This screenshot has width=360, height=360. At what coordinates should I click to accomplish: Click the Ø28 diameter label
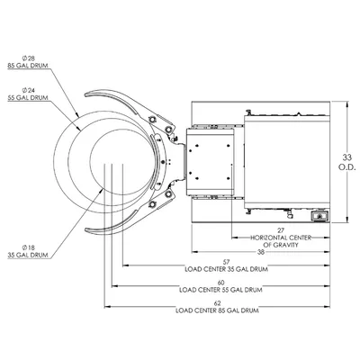point(29,58)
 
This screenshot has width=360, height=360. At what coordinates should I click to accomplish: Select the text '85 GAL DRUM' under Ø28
point(28,66)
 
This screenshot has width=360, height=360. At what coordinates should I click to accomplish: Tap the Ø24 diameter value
point(29,90)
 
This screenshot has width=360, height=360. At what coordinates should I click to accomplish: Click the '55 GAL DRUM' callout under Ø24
point(28,98)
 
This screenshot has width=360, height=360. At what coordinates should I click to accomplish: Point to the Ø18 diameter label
point(29,247)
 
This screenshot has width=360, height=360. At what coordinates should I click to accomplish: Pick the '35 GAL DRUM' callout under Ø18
point(28,256)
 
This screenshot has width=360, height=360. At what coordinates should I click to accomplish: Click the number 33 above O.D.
point(347,157)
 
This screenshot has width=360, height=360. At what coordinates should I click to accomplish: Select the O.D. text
point(347,167)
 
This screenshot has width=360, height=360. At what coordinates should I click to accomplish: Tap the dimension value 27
point(281,230)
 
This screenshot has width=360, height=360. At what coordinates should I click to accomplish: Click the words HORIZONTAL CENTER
point(281,238)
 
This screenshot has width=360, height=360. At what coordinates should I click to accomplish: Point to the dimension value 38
point(261,252)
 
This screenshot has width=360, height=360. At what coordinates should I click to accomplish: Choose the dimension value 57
point(226,262)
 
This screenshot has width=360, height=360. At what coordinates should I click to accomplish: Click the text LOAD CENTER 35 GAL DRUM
point(226,269)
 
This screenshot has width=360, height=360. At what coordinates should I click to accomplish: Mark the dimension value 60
point(220,283)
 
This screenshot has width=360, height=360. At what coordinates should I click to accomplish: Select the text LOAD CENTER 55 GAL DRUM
point(220,290)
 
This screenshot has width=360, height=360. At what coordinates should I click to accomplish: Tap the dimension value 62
point(217,303)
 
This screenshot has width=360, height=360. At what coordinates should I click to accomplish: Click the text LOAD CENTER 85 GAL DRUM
point(217,310)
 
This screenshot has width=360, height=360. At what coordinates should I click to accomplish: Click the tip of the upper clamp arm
point(85,94)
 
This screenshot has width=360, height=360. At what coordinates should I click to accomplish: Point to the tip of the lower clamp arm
point(85,229)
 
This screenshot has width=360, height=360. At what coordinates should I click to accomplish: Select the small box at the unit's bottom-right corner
point(319,216)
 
